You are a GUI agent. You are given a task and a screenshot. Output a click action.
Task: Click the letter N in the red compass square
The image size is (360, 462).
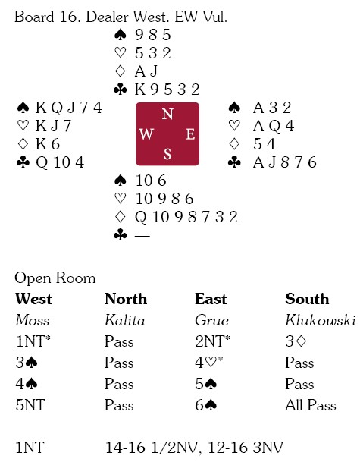pyautogui.click(x=167, y=114)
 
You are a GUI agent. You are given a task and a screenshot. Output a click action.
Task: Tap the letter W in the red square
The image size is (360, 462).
pyautogui.click(x=146, y=134)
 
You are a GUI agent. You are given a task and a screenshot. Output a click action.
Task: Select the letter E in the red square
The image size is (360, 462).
pyautogui.click(x=190, y=134)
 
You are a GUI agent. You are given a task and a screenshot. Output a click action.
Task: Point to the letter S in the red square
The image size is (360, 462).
pyautogui.click(x=167, y=154)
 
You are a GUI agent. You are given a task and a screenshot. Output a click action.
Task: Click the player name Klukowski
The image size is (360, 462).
pyautogui.click(x=321, y=320)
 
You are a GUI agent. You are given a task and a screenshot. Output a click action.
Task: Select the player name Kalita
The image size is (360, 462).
pyautogui.click(x=125, y=320)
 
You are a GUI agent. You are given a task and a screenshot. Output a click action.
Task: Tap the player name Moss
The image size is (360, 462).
pyautogui.click(x=33, y=320)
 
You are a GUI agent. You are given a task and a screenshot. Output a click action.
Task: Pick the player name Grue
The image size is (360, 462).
pyautogui.click(x=211, y=320)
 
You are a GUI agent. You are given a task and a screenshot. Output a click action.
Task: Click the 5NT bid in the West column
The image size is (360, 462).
pyautogui.click(x=30, y=405)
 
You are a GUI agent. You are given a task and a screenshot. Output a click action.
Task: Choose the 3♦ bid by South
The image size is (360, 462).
pyautogui.click(x=296, y=341)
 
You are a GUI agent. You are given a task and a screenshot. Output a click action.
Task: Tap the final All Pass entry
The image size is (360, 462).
pyautogui.click(x=311, y=405)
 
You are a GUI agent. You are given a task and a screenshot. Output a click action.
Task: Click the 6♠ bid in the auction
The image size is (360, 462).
pyautogui.click(x=206, y=405)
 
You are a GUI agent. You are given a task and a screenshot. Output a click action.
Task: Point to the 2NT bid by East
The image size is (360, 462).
pyautogui.click(x=212, y=341)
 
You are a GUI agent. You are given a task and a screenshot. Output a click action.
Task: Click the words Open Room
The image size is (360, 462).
pyautogui.click(x=55, y=278)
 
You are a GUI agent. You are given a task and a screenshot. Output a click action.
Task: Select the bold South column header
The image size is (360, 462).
pyautogui.click(x=307, y=299)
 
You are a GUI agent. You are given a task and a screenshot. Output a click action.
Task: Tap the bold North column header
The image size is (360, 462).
pyautogui.click(x=126, y=299)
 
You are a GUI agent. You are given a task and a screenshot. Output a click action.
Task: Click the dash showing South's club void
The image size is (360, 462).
pyautogui.click(x=142, y=235)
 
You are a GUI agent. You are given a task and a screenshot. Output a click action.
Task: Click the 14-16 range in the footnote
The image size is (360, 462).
pyautogui.click(x=125, y=448)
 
